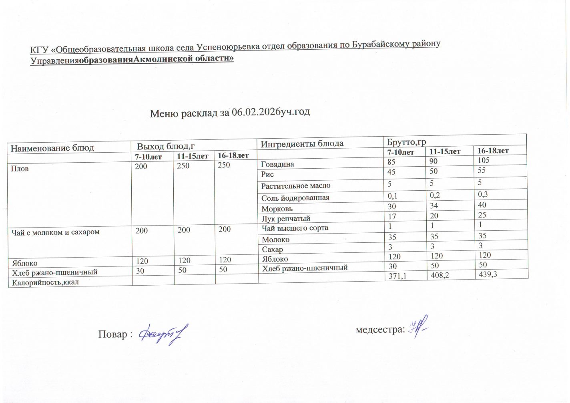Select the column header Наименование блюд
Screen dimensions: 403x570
[52, 148]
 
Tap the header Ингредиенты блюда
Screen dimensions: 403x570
[302, 143]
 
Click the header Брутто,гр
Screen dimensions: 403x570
[406, 142]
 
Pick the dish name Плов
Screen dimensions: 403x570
[20, 169]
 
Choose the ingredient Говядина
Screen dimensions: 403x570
[277, 164]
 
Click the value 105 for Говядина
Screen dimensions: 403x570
[484, 160]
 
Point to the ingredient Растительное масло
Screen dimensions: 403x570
[296, 186]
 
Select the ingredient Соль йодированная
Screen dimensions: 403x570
[295, 198]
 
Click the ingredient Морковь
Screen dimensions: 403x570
[277, 209]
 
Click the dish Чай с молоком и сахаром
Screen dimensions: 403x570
[56, 232]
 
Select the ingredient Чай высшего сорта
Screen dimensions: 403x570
[295, 228]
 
